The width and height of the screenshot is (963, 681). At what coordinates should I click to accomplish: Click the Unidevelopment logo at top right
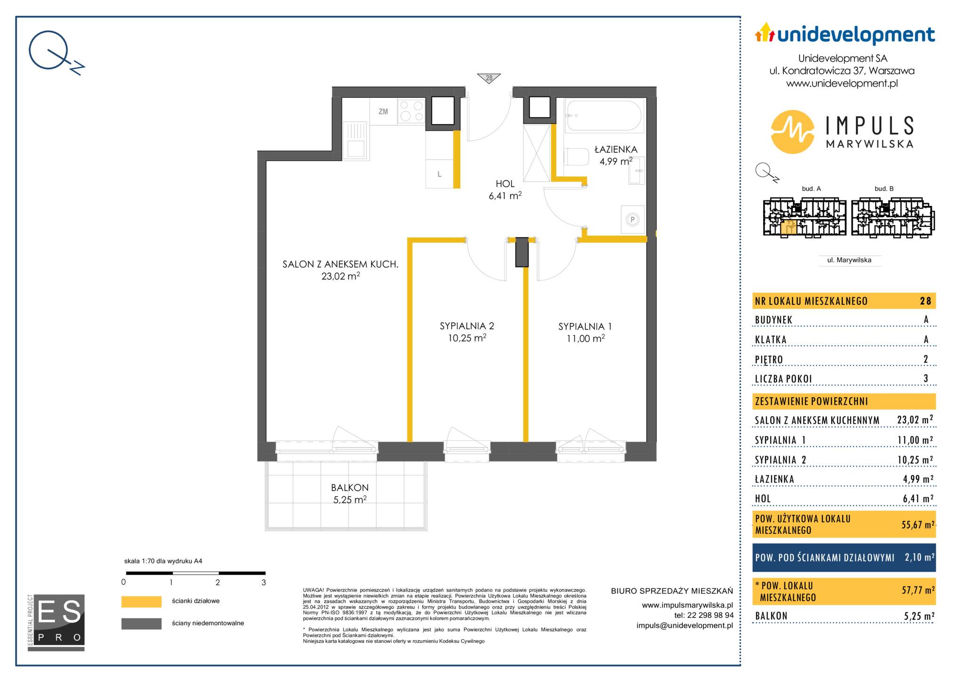tap(845, 34)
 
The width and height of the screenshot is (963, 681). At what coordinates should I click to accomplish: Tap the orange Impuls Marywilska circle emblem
tap(793, 132)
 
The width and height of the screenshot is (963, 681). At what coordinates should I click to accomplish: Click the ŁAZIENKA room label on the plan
tap(616, 150)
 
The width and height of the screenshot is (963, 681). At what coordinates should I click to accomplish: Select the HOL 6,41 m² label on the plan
tap(505, 190)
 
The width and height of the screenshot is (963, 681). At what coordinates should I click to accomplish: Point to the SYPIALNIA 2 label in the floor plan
tap(467, 326)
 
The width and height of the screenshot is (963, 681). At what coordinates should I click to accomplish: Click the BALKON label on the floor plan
tap(349, 488)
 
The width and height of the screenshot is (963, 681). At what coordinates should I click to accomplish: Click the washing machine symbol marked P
tap(632, 219)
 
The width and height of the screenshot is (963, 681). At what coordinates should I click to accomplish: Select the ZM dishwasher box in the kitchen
tap(383, 111)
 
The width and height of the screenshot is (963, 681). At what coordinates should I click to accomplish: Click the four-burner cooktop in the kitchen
tap(411, 111)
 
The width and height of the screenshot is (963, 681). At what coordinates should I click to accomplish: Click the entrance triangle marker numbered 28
tap(489, 78)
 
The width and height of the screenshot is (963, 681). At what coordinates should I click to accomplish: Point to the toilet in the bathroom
tap(576, 157)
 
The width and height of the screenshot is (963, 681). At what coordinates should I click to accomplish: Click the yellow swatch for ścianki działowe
tap(141, 602)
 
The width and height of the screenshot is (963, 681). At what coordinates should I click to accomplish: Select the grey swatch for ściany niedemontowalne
tap(141, 624)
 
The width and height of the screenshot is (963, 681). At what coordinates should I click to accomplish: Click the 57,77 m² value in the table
tap(918, 590)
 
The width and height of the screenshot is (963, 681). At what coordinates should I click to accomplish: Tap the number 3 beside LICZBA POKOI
tap(926, 378)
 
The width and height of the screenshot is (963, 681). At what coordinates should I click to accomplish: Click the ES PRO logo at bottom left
tap(56, 623)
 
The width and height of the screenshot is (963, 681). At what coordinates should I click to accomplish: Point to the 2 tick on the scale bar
tap(218, 582)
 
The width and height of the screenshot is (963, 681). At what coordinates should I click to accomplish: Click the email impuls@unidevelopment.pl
tap(685, 626)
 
